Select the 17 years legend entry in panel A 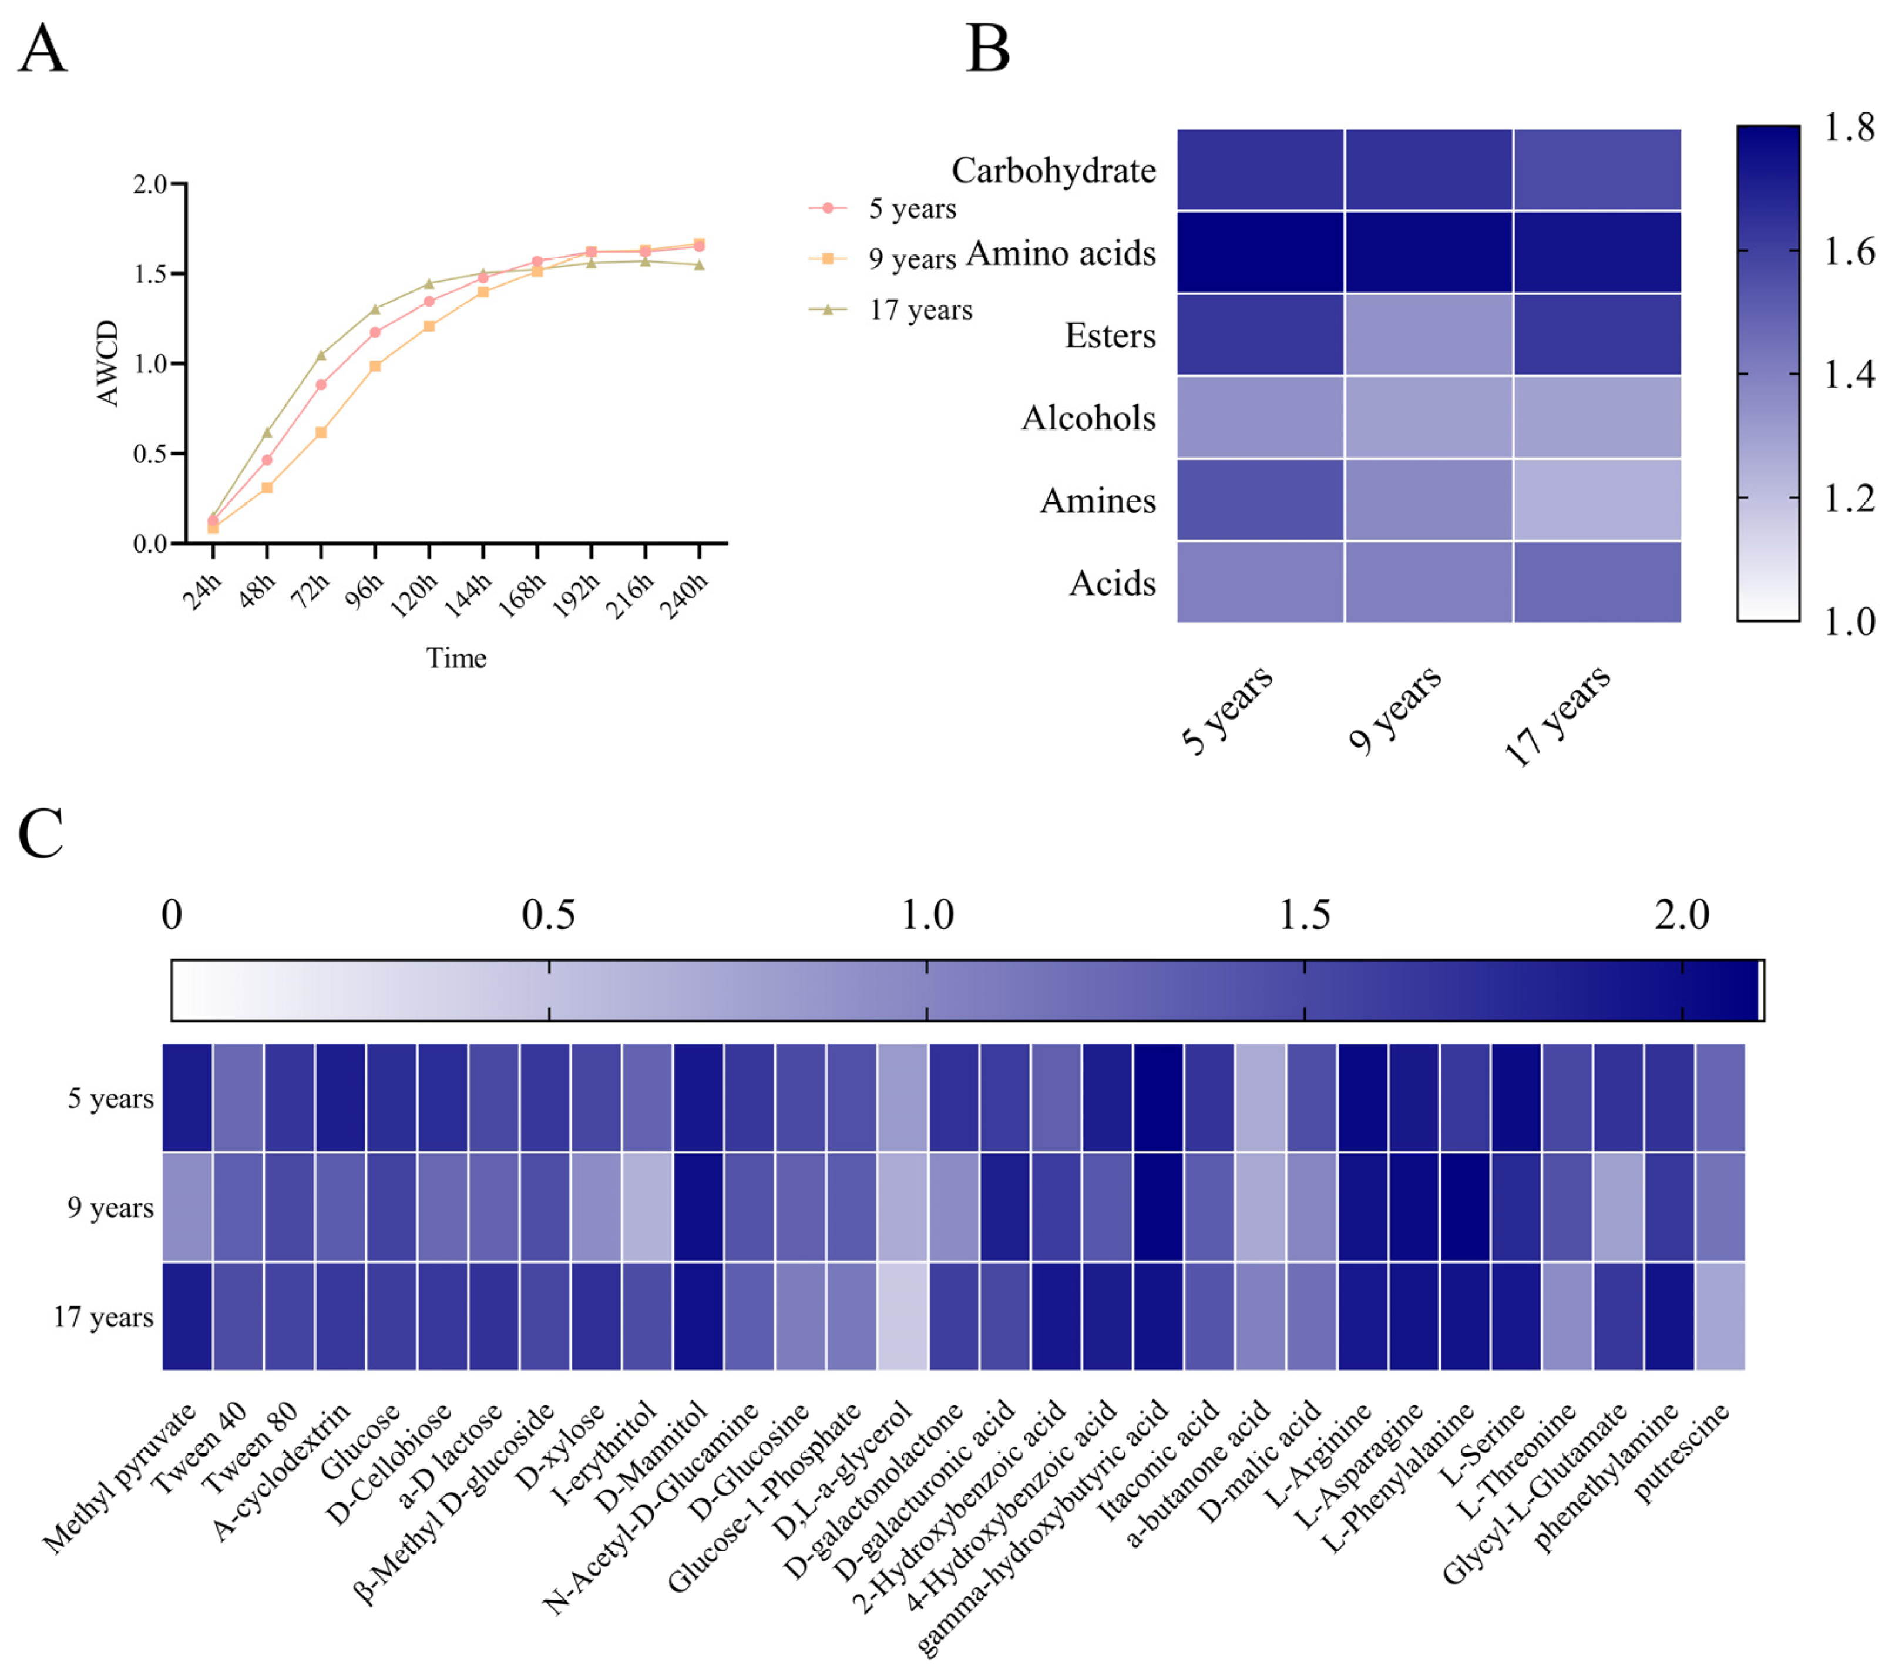(920, 310)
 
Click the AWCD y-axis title (107, 363)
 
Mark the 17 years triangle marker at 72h (321, 355)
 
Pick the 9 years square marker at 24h (213, 528)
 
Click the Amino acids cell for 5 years (1260, 252)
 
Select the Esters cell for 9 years (1429, 334)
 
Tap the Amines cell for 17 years (1597, 499)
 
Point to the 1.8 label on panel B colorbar (1849, 128)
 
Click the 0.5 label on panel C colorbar (548, 915)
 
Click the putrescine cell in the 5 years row (1720, 1097)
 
